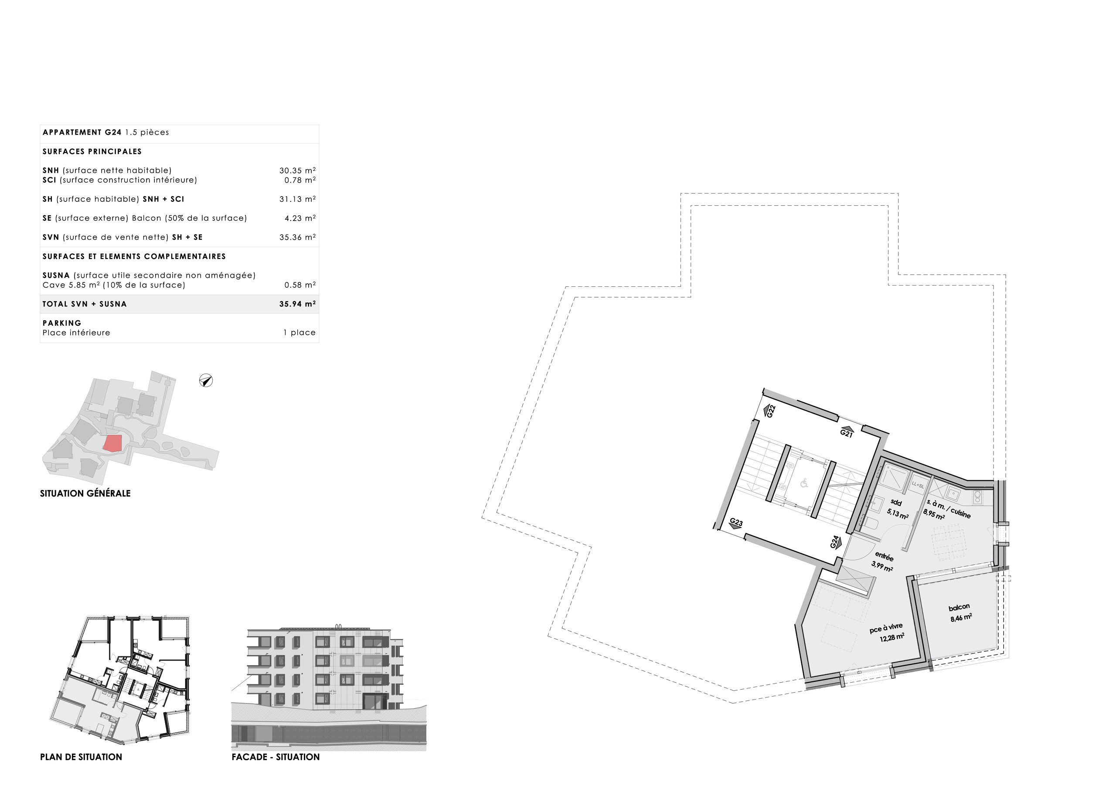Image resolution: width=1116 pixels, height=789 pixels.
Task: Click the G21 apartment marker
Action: click(846, 433)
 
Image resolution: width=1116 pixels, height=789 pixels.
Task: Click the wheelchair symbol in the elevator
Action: click(804, 483)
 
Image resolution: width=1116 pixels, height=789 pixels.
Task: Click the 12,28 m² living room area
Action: click(892, 637)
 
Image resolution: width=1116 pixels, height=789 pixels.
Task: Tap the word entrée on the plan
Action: click(884, 556)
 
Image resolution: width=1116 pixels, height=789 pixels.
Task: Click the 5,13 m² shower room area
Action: click(897, 514)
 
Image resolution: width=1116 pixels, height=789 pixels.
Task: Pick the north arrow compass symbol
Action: click(206, 381)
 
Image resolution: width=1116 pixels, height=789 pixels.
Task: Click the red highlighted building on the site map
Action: click(113, 443)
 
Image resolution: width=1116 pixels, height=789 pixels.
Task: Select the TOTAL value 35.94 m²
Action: click(297, 304)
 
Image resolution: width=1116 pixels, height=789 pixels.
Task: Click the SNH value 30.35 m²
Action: click(297, 170)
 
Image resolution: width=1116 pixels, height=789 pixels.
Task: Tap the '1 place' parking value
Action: click(299, 333)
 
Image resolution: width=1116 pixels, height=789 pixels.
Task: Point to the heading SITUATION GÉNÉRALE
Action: click(85, 493)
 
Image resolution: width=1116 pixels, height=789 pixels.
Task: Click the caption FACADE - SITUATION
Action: click(276, 757)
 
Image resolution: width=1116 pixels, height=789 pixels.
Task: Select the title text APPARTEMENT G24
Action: click(82, 132)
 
